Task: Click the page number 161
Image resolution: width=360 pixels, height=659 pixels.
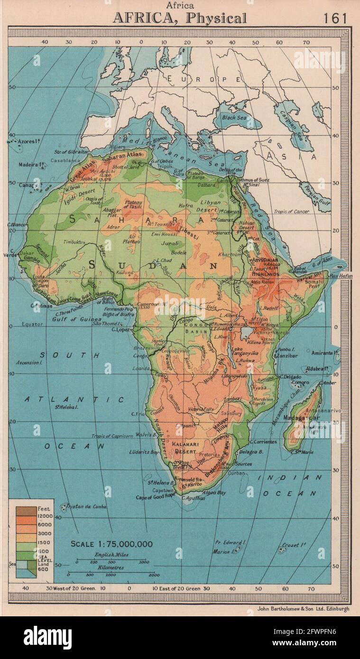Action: point(335,18)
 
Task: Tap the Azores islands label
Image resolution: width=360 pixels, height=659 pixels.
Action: point(23,141)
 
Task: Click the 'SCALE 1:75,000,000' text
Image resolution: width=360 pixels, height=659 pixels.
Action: point(111,544)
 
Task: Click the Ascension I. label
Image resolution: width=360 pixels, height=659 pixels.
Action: point(29,362)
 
